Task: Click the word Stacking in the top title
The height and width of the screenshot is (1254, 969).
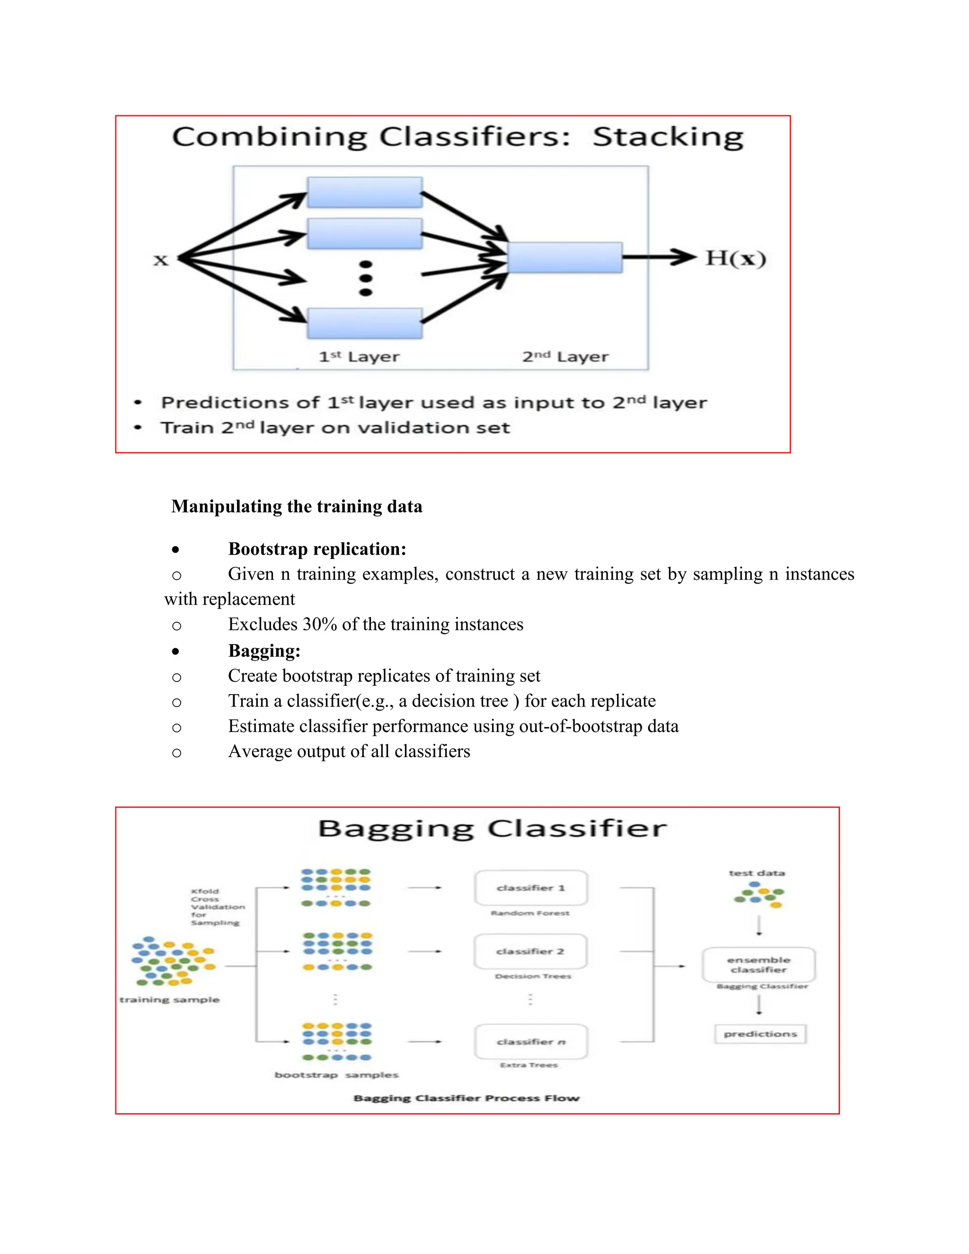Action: click(668, 138)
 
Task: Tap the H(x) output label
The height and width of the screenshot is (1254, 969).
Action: click(735, 258)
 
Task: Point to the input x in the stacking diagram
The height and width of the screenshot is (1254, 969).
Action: click(161, 260)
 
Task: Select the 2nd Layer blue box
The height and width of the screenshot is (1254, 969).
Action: click(565, 257)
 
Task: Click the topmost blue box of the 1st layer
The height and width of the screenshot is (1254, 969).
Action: click(364, 192)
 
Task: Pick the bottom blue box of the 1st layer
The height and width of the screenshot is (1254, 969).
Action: click(364, 323)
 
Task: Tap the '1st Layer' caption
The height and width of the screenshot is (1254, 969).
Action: click(360, 357)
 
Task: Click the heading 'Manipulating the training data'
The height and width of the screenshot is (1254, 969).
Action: click(297, 506)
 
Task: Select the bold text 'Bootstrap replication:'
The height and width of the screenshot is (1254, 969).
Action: click(317, 549)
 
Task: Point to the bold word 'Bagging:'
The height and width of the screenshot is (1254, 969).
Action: click(264, 651)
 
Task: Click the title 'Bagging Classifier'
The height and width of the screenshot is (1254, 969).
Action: click(492, 829)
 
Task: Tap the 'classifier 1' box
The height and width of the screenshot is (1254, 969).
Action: click(531, 888)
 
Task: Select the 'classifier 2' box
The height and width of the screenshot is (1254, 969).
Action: click(530, 952)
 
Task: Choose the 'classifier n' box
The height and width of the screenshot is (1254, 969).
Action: click(531, 1042)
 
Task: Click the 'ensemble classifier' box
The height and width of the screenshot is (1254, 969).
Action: click(758, 964)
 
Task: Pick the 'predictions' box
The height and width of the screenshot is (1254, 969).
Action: click(760, 1033)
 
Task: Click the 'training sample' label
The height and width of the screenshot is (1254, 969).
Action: click(169, 999)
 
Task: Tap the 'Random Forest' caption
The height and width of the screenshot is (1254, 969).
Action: click(530, 913)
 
